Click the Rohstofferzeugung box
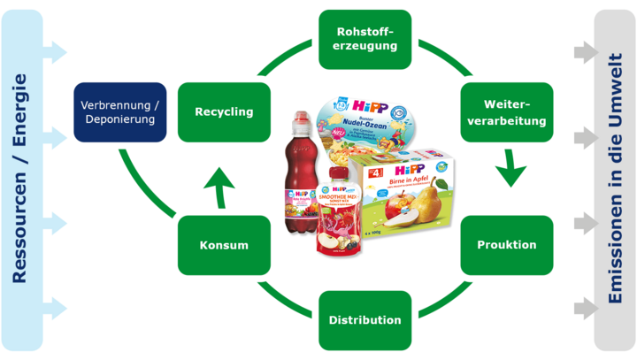point(365,40)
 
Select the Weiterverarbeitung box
point(507,112)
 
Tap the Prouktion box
point(507,244)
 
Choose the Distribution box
point(365,319)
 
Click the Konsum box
point(224,244)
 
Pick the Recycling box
point(224,112)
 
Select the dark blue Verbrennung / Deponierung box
point(119,111)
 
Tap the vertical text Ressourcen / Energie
point(20,180)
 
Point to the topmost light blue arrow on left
point(54,50)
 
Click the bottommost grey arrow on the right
point(583,308)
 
